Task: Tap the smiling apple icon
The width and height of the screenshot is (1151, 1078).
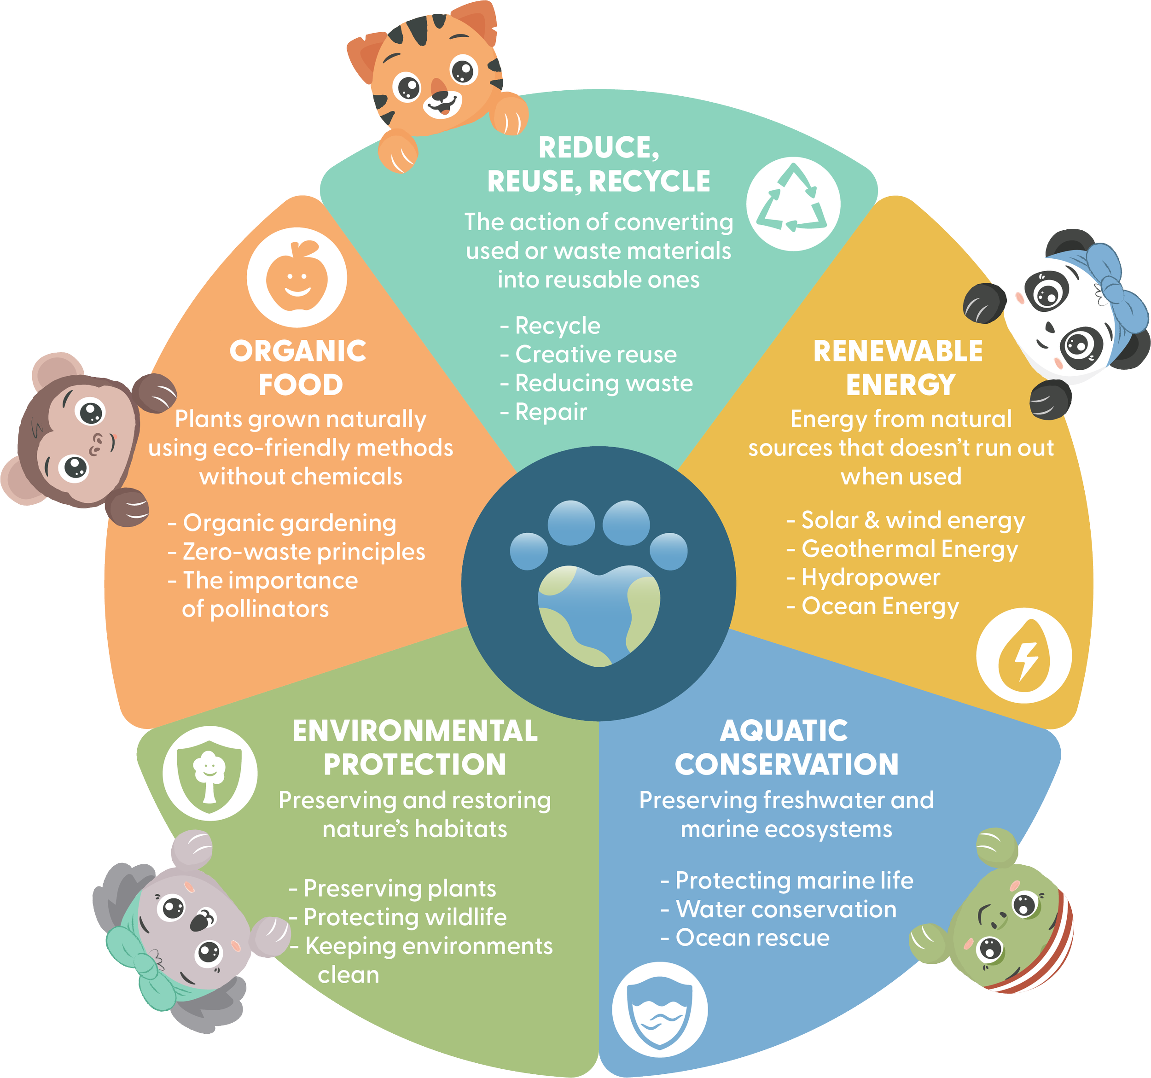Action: (x=296, y=277)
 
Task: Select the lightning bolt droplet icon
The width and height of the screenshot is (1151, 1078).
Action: (x=1023, y=655)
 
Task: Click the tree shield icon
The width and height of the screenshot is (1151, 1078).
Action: (x=209, y=773)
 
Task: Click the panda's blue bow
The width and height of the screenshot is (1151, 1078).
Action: (x=1118, y=290)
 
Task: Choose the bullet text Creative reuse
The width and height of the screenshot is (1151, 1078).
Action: (x=595, y=354)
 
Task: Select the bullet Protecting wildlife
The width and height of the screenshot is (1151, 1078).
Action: (x=405, y=916)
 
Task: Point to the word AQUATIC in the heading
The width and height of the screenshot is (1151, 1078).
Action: (x=784, y=731)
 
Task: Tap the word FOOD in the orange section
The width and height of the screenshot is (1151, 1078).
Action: (x=301, y=385)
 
